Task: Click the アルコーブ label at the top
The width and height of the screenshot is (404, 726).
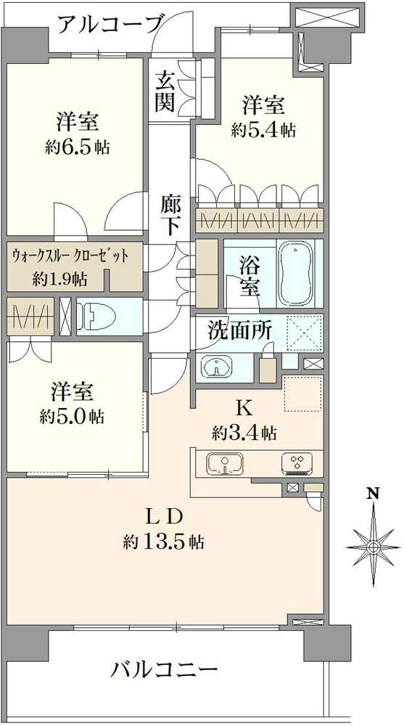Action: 110,25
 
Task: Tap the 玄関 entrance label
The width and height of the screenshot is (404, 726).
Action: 165,91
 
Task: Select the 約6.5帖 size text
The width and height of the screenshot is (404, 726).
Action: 78,147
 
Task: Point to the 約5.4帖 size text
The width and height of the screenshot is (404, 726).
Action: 263,131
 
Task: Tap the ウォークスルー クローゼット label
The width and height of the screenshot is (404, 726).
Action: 70,255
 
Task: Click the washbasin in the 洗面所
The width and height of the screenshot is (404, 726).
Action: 217,367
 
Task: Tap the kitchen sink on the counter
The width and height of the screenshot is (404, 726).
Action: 224,463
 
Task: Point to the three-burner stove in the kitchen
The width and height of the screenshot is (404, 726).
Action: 297,463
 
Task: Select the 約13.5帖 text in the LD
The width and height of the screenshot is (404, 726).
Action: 164,541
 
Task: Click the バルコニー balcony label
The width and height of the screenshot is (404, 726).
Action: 164,670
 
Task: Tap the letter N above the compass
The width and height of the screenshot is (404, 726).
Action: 373,494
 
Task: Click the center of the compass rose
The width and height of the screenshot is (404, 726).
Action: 373,547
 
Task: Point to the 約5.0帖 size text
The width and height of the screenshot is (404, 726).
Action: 72,417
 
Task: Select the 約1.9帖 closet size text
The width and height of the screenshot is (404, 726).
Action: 59,279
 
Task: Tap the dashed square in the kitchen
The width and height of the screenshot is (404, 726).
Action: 302,393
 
